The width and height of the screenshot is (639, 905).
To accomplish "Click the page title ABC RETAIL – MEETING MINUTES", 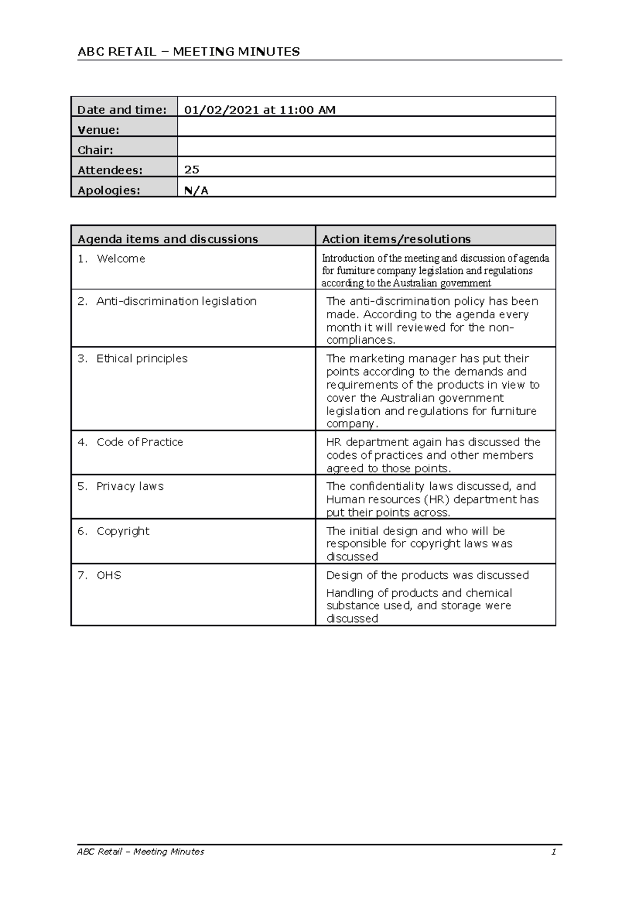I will click(189, 52).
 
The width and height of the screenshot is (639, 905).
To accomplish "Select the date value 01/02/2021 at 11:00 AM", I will click(259, 110).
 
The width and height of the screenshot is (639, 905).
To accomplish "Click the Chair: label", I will click(95, 150).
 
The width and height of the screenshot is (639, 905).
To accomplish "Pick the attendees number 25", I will click(192, 169).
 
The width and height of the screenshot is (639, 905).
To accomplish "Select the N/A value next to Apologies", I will click(196, 190).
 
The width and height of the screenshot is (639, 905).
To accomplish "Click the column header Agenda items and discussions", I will click(168, 239).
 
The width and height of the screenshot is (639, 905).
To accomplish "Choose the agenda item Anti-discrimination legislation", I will click(176, 301).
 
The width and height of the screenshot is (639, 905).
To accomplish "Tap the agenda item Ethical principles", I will click(142, 359).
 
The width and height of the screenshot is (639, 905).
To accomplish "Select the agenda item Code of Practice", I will click(140, 442).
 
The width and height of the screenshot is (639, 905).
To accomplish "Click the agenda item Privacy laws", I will click(130, 486).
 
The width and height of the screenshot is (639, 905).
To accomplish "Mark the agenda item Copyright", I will click(123, 531).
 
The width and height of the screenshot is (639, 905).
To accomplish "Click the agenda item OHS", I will click(109, 576).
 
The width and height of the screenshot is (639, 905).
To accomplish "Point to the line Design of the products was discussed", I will click(427, 576).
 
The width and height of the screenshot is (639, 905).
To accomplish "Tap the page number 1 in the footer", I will click(554, 852).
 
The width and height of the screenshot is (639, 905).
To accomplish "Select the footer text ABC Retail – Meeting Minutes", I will click(141, 852).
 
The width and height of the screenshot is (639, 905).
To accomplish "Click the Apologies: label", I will click(109, 190).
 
